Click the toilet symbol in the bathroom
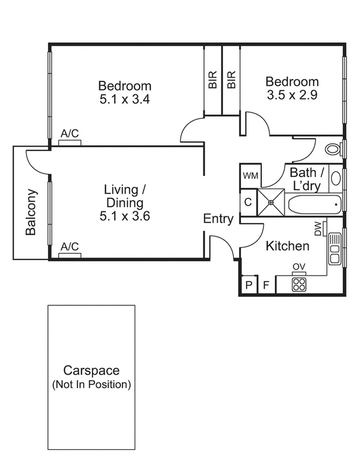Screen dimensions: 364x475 click(x=334, y=149)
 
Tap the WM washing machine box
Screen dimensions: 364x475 click(x=251, y=176)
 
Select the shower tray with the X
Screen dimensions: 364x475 click(x=271, y=203)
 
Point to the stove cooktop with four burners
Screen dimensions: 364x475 click(x=299, y=285)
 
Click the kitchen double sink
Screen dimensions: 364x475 click(x=335, y=249)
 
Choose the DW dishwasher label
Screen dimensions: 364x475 click(x=318, y=229)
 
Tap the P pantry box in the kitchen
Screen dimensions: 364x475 click(x=249, y=285)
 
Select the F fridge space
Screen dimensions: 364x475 click(x=267, y=285)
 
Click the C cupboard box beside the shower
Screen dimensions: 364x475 click(x=248, y=202)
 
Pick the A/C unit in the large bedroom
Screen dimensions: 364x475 click(x=70, y=143)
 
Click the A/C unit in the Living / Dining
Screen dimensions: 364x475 click(x=70, y=255)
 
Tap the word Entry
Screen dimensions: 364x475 click(x=218, y=219)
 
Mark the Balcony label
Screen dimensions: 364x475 click(x=31, y=212)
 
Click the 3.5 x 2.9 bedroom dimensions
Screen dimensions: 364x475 click(x=292, y=95)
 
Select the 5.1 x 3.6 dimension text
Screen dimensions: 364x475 click(x=125, y=216)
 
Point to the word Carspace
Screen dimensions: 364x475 click(x=92, y=371)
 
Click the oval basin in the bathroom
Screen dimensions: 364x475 click(x=335, y=178)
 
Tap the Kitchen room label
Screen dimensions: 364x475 click(x=287, y=246)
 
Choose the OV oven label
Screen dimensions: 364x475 click(x=299, y=267)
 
